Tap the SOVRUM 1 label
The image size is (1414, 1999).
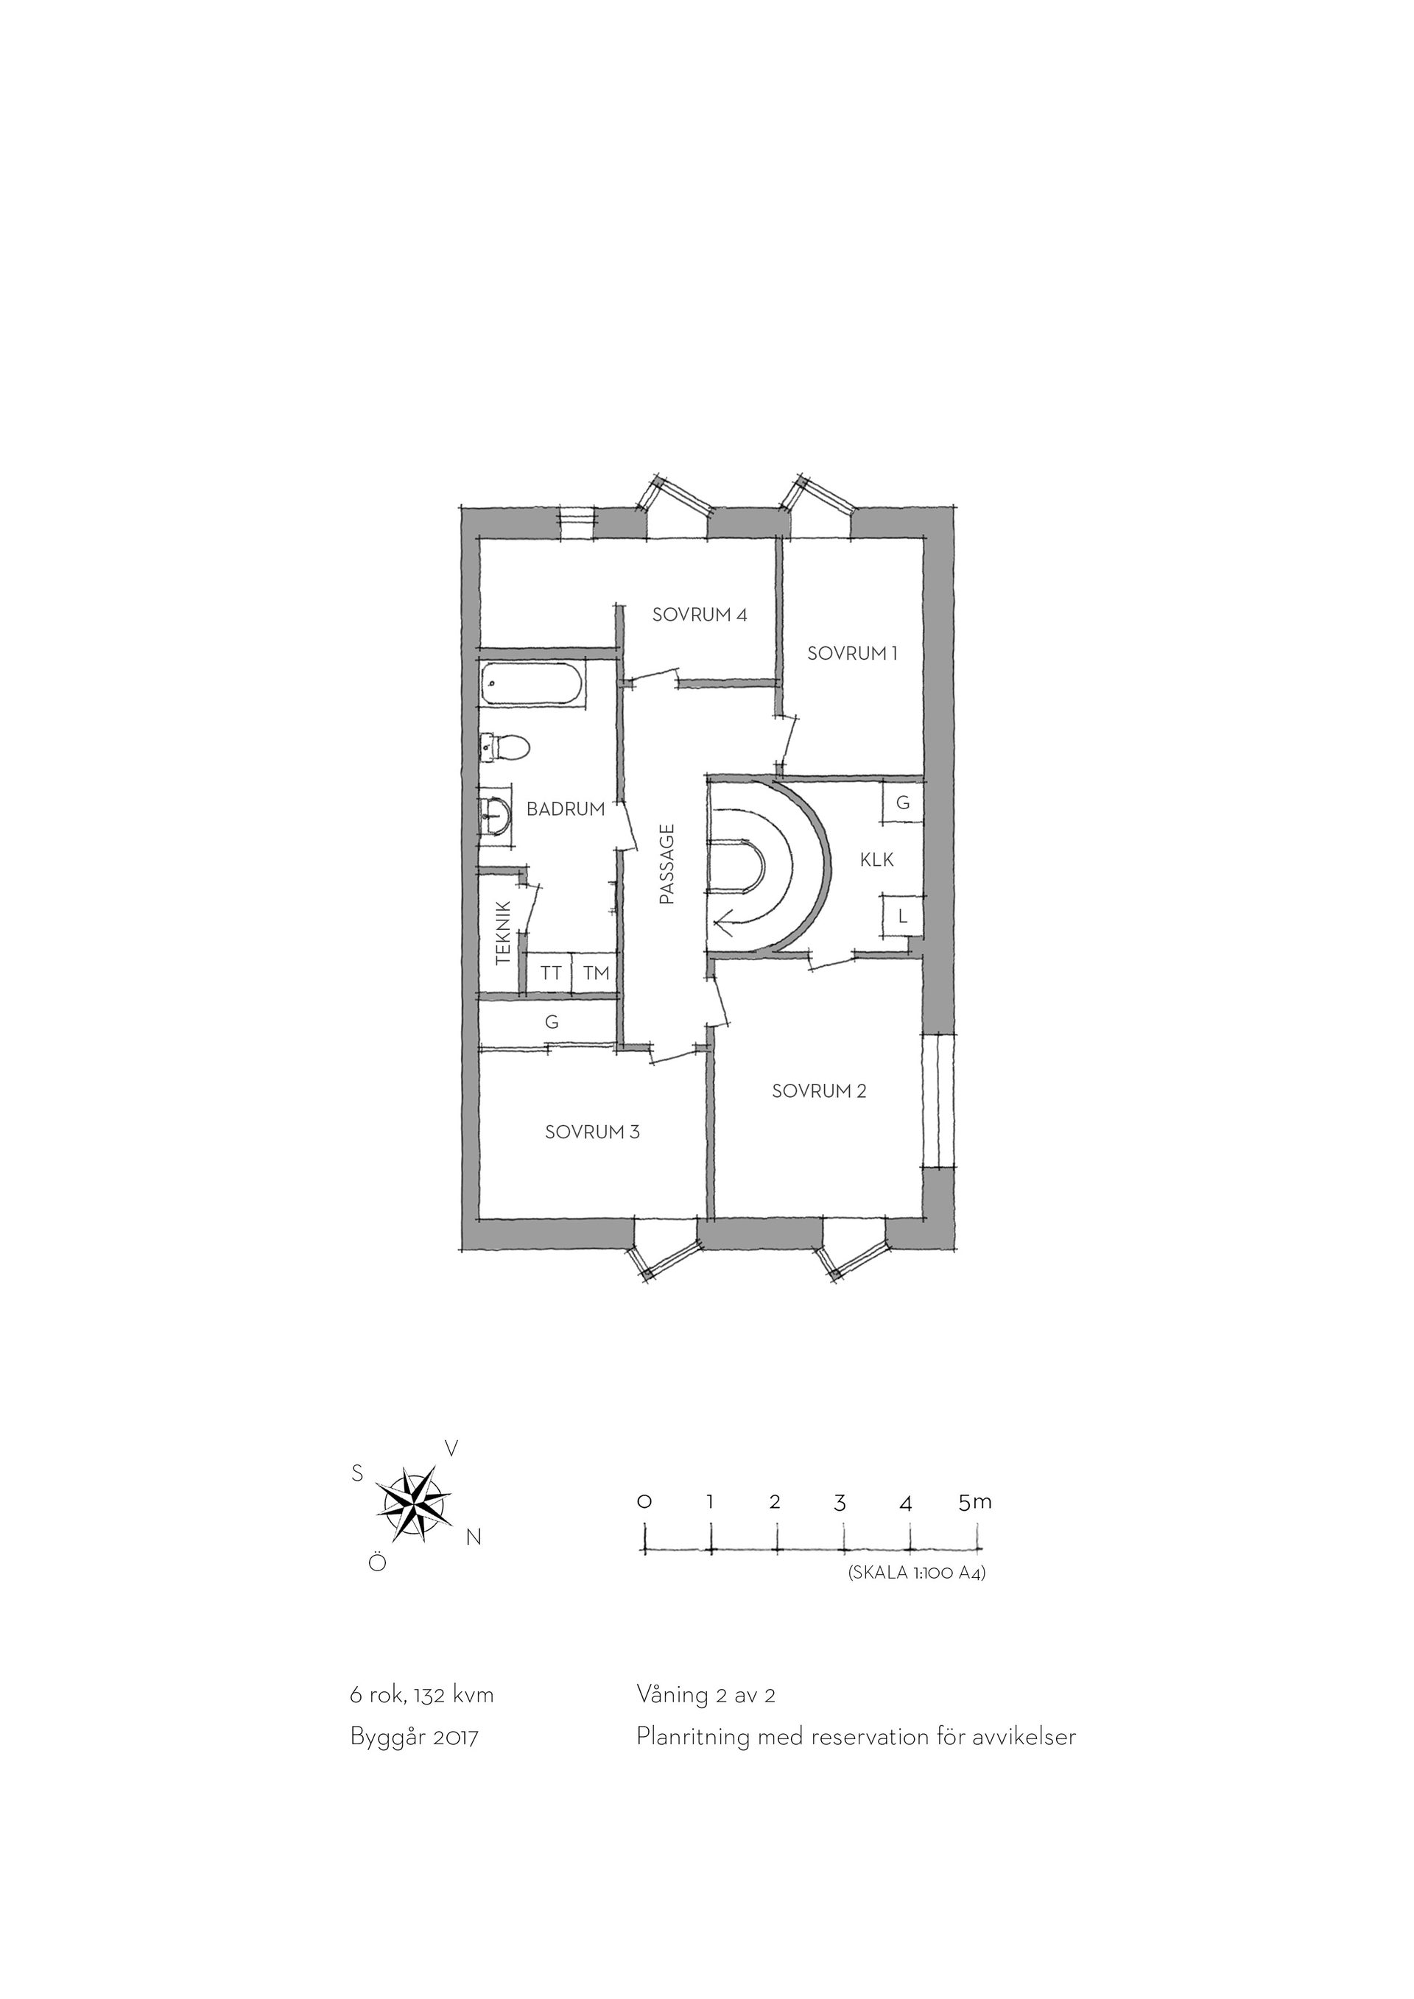pyautogui.click(x=851, y=653)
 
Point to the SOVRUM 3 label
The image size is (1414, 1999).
pyautogui.click(x=592, y=1132)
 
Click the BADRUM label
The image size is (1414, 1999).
pyautogui.click(x=566, y=809)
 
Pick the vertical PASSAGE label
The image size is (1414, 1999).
pyautogui.click(x=667, y=864)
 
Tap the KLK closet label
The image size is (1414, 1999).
pyautogui.click(x=877, y=860)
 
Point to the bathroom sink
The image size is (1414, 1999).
pyautogui.click(x=495, y=816)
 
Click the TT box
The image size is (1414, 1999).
pyautogui.click(x=550, y=973)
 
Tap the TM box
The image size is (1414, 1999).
pyautogui.click(x=597, y=973)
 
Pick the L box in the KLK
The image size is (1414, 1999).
pyautogui.click(x=903, y=916)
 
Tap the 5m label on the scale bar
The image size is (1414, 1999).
pyautogui.click(x=974, y=1502)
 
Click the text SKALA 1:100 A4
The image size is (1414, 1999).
pyautogui.click(x=916, y=1573)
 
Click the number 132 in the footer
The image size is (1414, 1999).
pyautogui.click(x=430, y=1695)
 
